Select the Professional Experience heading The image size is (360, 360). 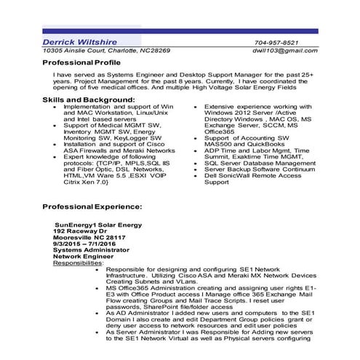92,207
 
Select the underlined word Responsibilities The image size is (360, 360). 79,263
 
